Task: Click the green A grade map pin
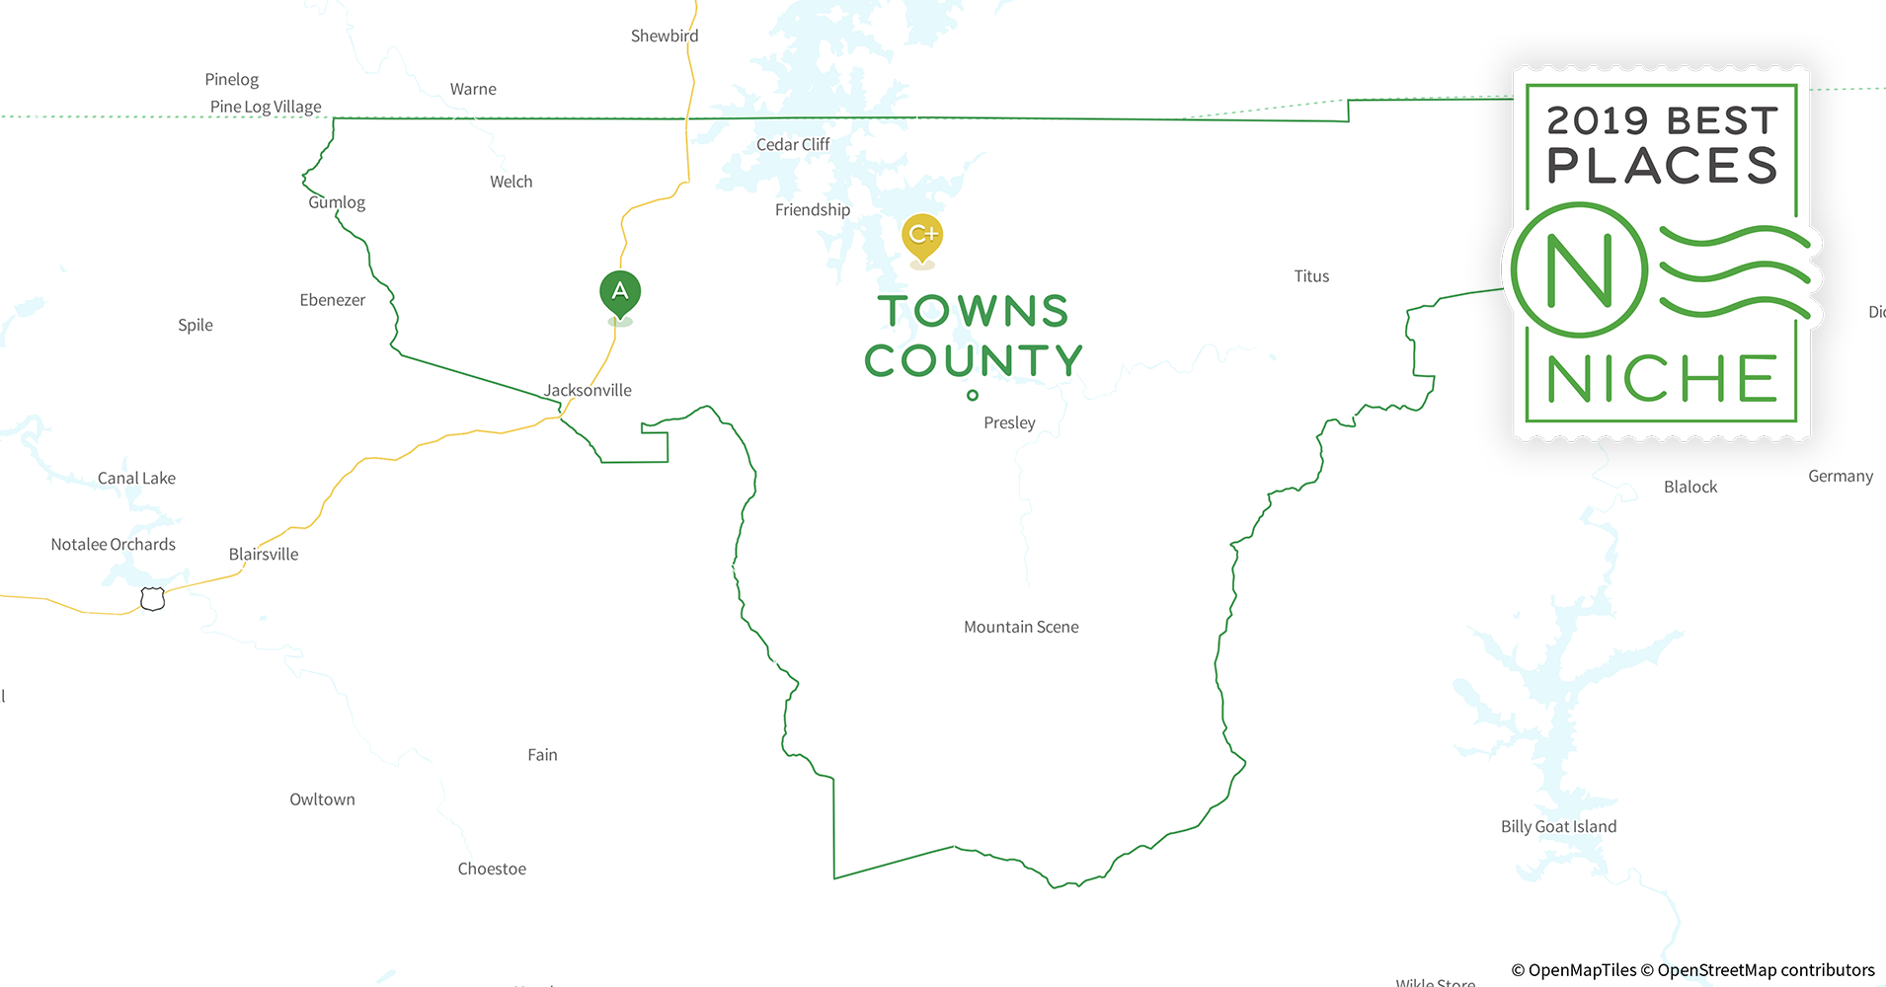[620, 293]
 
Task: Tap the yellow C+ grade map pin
[922, 237]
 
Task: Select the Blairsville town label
[264, 555]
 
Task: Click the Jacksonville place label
[588, 391]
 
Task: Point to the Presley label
[1009, 423]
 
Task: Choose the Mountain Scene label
[1021, 628]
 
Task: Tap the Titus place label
[1311, 277]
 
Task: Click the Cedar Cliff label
[793, 145]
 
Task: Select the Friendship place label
[812, 210]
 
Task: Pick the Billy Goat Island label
[1558, 827]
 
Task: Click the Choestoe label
[492, 870]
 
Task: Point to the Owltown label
[322, 800]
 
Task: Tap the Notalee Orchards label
[114, 545]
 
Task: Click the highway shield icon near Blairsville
[152, 599]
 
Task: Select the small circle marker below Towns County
[973, 396]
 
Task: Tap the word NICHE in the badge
[1662, 379]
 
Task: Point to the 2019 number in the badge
[1597, 121]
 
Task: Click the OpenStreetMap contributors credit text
[1766, 970]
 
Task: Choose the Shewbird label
[665, 37]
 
